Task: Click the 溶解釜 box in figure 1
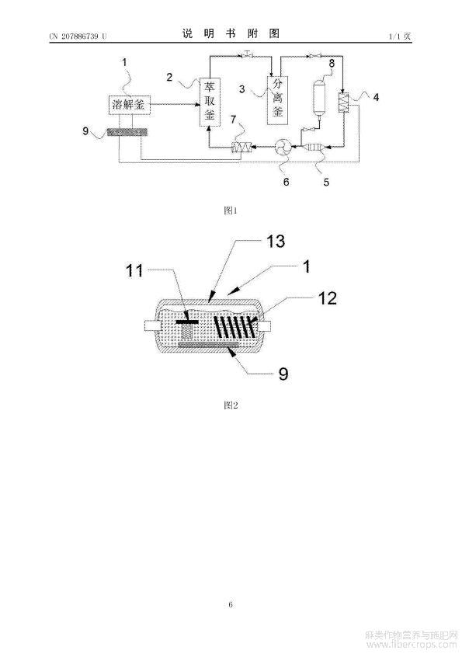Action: click(x=129, y=105)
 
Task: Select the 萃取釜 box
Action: click(x=210, y=101)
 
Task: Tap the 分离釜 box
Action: click(x=277, y=100)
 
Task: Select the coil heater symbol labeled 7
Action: click(x=241, y=148)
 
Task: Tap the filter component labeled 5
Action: click(x=316, y=147)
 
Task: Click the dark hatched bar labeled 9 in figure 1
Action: click(x=128, y=132)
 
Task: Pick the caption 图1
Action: click(x=231, y=210)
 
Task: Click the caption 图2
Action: click(x=231, y=405)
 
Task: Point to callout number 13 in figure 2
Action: click(x=276, y=242)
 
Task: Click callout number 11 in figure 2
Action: click(x=134, y=271)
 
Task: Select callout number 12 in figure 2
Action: click(x=328, y=298)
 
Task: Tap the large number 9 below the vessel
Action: click(x=283, y=374)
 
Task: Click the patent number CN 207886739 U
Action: click(x=78, y=37)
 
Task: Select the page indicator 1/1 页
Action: click(x=400, y=37)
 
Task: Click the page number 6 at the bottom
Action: click(x=231, y=604)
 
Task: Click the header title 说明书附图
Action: click(x=231, y=33)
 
